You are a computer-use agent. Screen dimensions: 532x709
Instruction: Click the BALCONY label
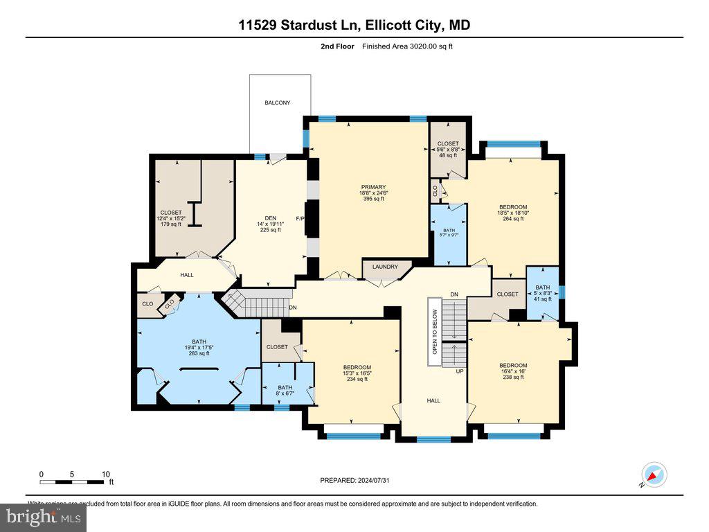click(277, 103)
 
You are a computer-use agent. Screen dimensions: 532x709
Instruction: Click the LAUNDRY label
click(385, 267)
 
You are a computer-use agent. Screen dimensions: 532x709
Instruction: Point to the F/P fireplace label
click(300, 220)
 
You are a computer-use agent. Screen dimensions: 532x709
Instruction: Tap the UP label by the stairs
click(459, 371)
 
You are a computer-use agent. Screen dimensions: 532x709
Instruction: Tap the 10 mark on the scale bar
click(106, 475)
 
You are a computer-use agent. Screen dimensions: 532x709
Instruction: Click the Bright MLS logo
click(43, 516)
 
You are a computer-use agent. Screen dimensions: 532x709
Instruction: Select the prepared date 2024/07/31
click(359, 480)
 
